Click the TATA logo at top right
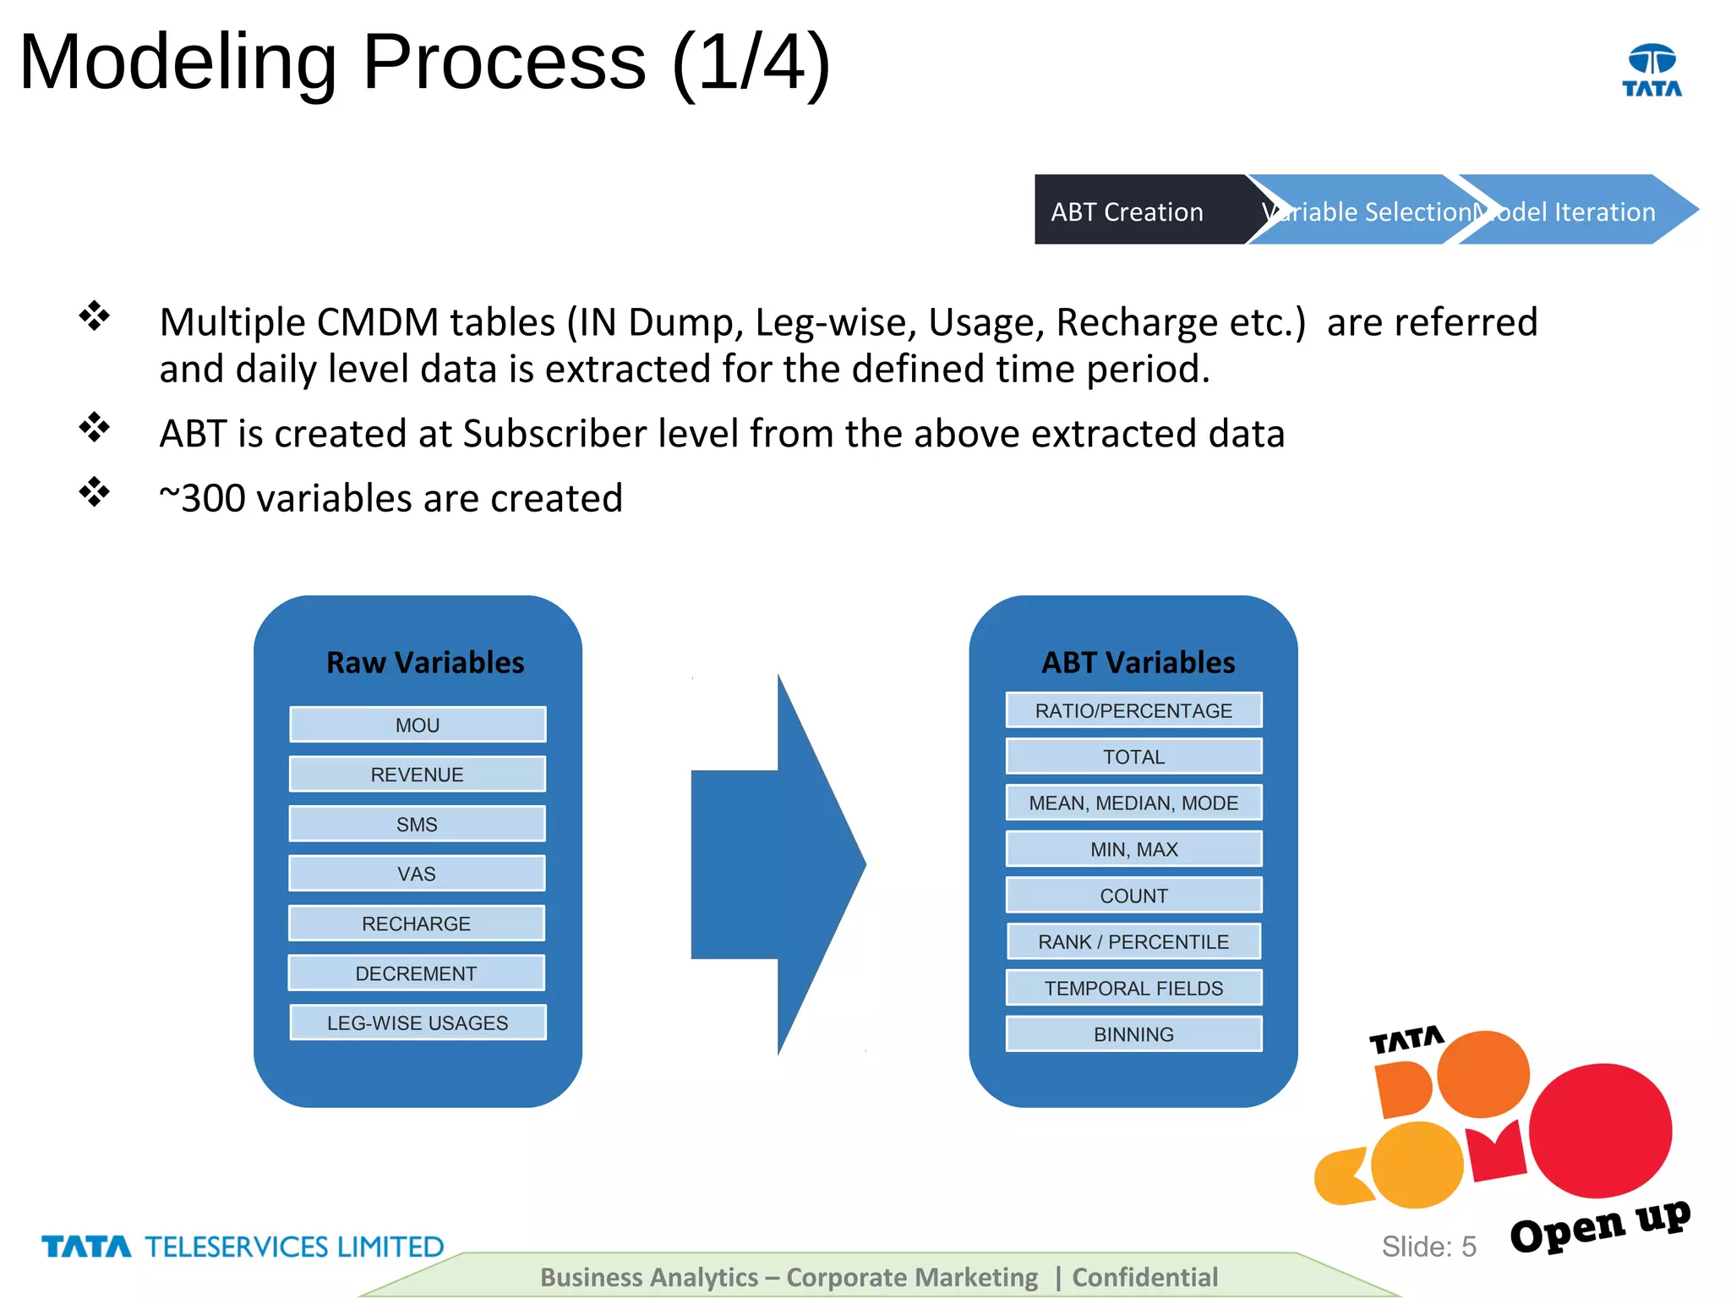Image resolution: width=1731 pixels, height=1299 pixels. (1652, 70)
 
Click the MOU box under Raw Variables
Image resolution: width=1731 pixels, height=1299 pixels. (418, 725)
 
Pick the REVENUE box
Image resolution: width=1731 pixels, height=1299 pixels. (418, 774)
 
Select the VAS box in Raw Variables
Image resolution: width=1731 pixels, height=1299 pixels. (417, 874)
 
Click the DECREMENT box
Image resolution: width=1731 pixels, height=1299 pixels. (416, 973)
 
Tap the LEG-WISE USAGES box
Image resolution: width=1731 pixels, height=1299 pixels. (418, 1022)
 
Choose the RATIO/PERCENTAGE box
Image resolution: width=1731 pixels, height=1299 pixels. (1133, 710)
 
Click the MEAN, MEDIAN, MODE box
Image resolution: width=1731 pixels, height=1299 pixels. (1133, 803)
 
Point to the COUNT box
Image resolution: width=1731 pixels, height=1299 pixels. (1133, 896)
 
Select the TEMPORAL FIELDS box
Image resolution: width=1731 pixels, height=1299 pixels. (1133, 988)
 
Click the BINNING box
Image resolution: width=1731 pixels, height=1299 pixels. (1133, 1034)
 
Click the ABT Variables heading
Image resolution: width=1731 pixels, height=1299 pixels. (1138, 662)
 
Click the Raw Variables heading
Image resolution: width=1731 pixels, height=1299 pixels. (425, 662)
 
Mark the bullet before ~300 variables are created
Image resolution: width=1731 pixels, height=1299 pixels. (95, 492)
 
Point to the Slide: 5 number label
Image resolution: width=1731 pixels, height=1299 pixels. (1428, 1246)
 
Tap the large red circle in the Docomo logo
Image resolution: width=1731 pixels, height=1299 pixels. (1600, 1130)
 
